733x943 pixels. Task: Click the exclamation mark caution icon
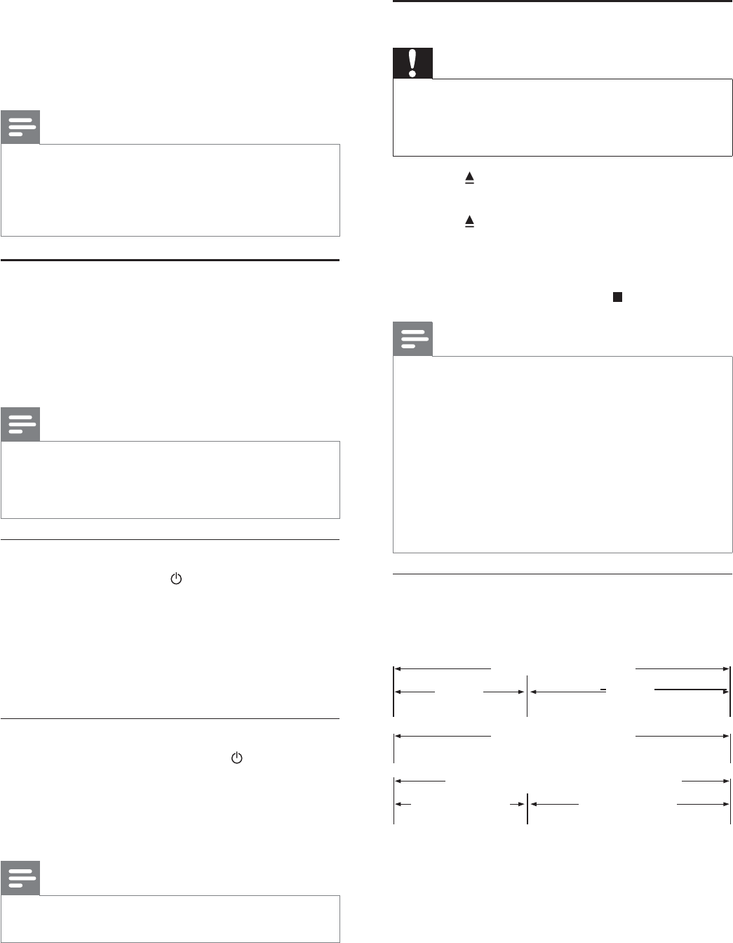click(x=412, y=63)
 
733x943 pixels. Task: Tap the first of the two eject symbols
click(x=469, y=179)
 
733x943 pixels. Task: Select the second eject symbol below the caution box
click(x=469, y=221)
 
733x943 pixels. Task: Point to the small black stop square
click(x=617, y=297)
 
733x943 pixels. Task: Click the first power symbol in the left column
click(x=176, y=579)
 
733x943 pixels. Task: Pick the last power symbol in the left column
click(x=236, y=758)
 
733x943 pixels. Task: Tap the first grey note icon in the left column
click(x=20, y=127)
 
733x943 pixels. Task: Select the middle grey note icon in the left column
click(x=20, y=424)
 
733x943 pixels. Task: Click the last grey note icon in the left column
click(x=20, y=878)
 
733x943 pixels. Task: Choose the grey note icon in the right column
click(x=412, y=339)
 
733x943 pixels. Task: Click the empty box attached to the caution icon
click(x=563, y=117)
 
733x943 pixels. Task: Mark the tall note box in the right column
click(x=563, y=454)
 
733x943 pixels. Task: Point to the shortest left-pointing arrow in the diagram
click(x=403, y=804)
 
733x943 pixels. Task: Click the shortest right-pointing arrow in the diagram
click(x=518, y=804)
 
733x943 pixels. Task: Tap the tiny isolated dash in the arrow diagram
click(x=603, y=690)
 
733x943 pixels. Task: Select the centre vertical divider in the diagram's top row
click(x=527, y=696)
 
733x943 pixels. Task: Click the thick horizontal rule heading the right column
click(x=563, y=2)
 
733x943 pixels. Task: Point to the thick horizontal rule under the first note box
click(x=170, y=260)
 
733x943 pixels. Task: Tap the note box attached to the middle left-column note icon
click(x=170, y=480)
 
